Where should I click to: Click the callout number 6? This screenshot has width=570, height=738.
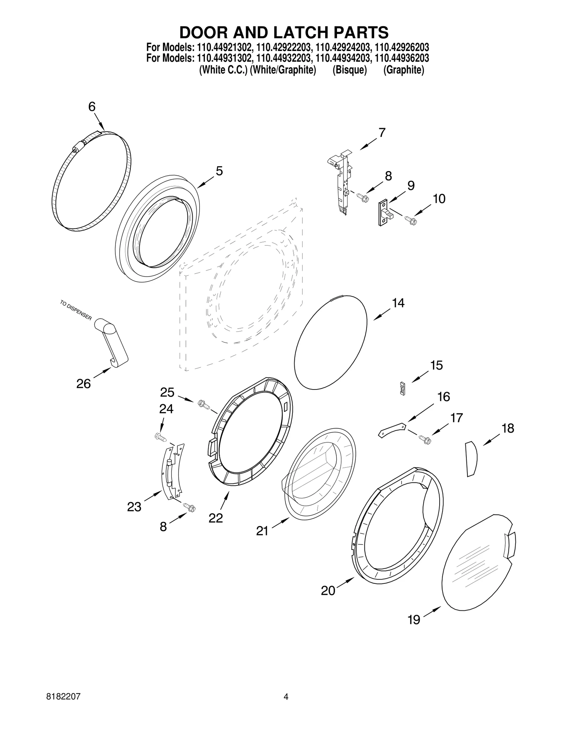pos(92,106)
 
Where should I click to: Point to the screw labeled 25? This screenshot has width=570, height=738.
pos(203,404)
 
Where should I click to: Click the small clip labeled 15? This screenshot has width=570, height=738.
pos(403,388)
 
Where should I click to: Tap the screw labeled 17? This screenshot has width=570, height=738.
pos(425,440)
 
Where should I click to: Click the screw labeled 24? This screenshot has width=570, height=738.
pos(161,437)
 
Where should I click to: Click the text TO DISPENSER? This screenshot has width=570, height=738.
pos(76,310)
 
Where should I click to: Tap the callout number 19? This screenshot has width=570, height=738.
pos(414,620)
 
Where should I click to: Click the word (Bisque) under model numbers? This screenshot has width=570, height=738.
pos(349,70)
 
